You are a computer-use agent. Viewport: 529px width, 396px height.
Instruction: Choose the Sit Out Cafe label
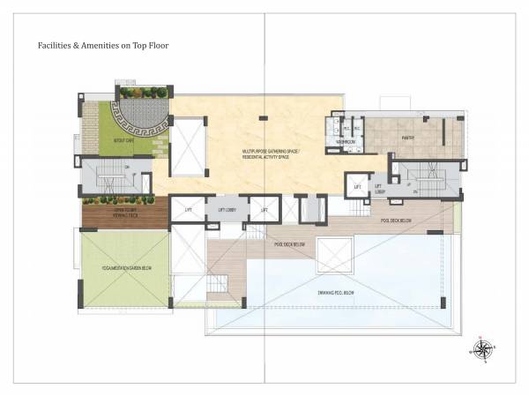point(98,138)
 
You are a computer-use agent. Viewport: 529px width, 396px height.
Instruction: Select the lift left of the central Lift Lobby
point(188,209)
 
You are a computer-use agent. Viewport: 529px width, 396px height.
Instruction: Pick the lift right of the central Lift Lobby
point(264,209)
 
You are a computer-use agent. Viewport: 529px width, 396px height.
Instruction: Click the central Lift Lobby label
point(226,210)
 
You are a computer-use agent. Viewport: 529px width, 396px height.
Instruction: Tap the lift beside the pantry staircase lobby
point(357,186)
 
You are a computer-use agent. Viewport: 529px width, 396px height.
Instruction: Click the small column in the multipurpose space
point(261,117)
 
